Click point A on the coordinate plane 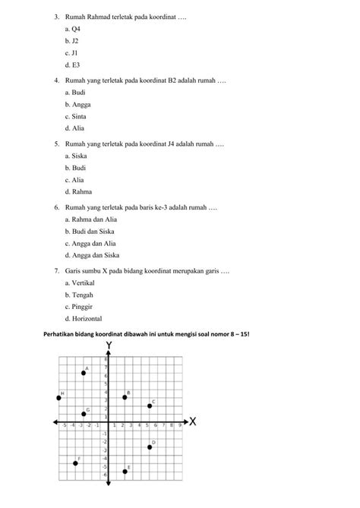[84, 373]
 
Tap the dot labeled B [125, 398]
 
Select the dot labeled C [149, 406]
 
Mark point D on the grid [150, 447]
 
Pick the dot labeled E [125, 472]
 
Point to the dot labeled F [75, 463]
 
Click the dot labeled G [84, 414]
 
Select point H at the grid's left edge [58, 398]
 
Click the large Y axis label [109, 347]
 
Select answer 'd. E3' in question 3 [73, 65]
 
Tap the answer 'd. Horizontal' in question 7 [83, 319]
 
